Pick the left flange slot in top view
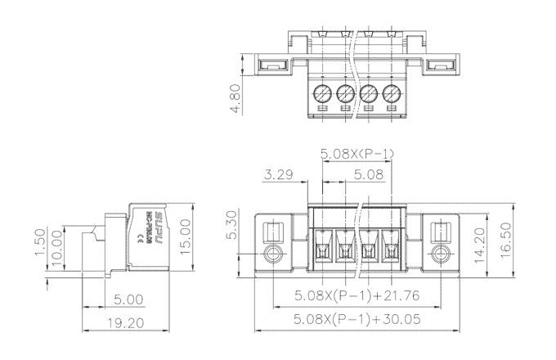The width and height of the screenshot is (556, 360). pyautogui.click(x=273, y=65)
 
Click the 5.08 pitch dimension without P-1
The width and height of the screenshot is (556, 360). pyautogui.click(x=368, y=174)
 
